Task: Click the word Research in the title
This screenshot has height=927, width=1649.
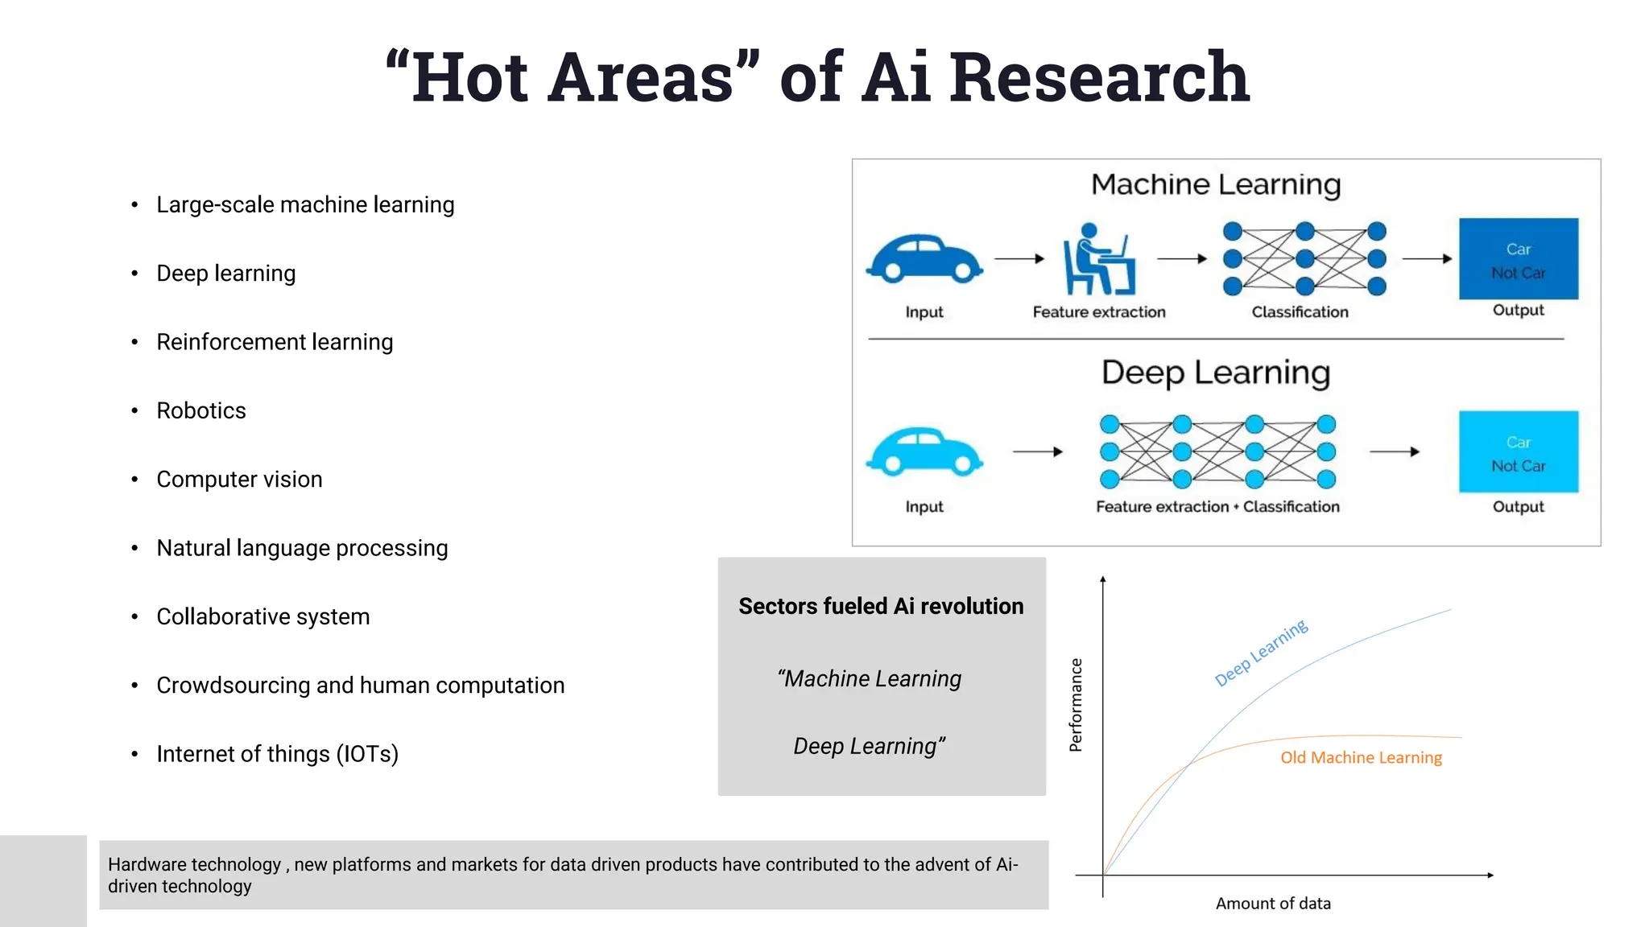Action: (1099, 77)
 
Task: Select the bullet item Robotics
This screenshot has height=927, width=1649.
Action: (201, 410)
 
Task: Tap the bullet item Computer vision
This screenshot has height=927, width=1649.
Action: (239, 480)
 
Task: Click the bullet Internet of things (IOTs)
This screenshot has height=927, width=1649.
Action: (277, 754)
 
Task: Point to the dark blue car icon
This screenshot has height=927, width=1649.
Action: (924, 259)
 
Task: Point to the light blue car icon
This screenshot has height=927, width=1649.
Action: (924, 452)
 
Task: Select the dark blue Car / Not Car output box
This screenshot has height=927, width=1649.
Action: (1519, 259)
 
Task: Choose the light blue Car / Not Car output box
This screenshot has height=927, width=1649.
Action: (1519, 451)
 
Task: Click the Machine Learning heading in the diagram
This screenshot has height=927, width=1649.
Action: (1216, 185)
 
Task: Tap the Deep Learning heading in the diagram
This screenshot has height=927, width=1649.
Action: (1216, 373)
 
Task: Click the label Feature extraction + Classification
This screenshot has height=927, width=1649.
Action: (1217, 507)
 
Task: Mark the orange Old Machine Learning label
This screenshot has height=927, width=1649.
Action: (1361, 757)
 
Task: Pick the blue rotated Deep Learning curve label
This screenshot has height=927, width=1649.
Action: (1261, 653)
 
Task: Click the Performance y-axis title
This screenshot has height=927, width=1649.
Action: (1076, 705)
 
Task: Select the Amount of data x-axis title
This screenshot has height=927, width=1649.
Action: (1273, 904)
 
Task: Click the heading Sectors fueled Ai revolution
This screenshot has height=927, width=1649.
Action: (881, 606)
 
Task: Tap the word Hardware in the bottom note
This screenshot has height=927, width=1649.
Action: (154, 864)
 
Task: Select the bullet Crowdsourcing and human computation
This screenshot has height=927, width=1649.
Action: (360, 686)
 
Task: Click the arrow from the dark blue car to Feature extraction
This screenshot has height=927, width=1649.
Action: (1019, 259)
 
